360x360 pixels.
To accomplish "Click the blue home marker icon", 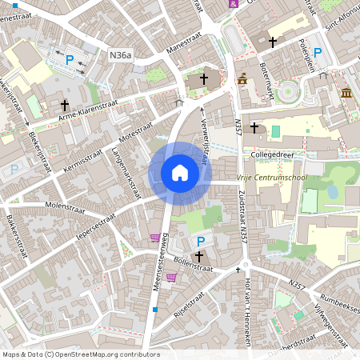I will click(x=180, y=173).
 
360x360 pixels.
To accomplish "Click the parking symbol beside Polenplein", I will click(x=317, y=53).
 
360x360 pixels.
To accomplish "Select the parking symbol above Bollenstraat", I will click(x=200, y=241).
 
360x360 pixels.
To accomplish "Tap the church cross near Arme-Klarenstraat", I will click(x=65, y=105).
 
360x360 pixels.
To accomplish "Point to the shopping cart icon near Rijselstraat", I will click(x=170, y=278).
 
